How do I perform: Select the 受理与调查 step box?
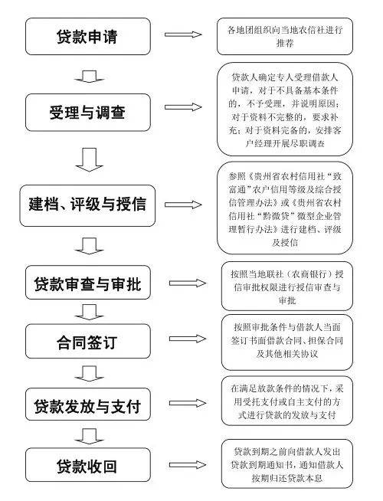coord(86,113)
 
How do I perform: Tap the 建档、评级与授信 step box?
coord(86,205)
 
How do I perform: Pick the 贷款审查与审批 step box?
coord(86,284)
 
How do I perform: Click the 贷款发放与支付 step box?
coord(86,404)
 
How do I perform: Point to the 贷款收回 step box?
coord(86,466)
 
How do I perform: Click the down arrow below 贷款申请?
coord(90,75)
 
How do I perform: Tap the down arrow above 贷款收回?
coord(90,436)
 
